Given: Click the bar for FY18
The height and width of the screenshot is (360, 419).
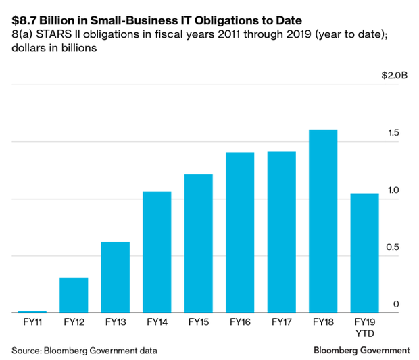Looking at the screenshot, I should pos(323,221).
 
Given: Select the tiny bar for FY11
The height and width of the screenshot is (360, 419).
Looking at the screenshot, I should pos(32,311).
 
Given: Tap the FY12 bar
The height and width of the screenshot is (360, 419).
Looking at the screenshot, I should pos(74,294).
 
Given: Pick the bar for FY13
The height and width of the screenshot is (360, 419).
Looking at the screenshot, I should pos(116,277).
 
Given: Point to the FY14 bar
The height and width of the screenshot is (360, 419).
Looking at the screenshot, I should pos(157,252).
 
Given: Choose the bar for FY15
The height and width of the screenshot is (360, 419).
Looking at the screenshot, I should pos(198,243).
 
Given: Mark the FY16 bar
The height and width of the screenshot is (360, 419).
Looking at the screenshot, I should pos(240,232).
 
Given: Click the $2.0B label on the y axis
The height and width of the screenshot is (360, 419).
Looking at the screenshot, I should pos(395,75).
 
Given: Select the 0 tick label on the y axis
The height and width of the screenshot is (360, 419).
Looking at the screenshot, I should pos(396,304).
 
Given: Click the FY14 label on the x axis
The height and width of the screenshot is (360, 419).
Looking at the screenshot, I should pos(157,323).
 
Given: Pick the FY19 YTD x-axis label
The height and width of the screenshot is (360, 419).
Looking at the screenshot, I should pos(364,328).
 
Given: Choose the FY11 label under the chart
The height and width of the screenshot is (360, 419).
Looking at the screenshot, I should pos(32,323).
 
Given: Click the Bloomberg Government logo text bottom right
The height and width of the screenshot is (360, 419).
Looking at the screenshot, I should pos(362,350).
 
